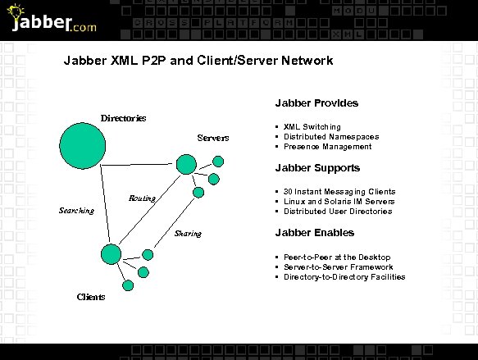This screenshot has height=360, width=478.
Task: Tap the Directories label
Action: click(x=123, y=118)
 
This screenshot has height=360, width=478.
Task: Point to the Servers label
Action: click(x=213, y=137)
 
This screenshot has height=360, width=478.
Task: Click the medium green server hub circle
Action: click(x=186, y=165)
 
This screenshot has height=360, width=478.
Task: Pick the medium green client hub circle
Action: click(x=111, y=253)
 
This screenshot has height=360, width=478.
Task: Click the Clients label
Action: click(x=90, y=297)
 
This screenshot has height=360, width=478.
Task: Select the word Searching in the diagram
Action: click(x=76, y=211)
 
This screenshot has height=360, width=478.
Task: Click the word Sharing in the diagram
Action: click(x=188, y=234)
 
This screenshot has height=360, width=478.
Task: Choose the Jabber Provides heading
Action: click(x=316, y=103)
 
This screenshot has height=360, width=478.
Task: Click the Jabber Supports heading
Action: click(x=317, y=168)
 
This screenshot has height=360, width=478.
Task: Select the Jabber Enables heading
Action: click(x=315, y=233)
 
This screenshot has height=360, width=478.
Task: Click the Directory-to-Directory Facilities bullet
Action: click(x=344, y=277)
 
